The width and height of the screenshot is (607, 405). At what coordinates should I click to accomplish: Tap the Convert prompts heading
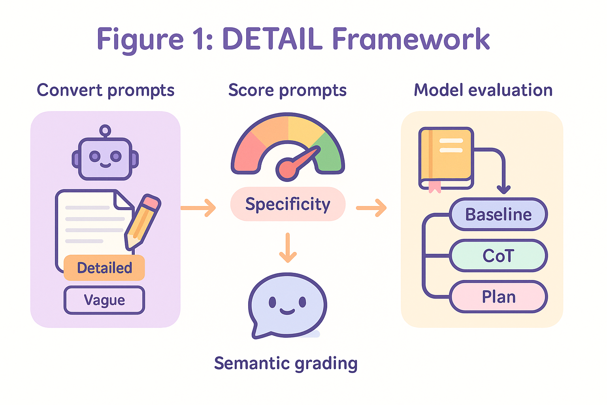pos(106,90)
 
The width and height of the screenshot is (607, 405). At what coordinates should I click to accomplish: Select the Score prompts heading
pos(288,90)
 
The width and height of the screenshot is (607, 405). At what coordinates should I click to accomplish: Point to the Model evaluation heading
pos(483,90)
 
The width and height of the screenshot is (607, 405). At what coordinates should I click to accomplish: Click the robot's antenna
pos(105,131)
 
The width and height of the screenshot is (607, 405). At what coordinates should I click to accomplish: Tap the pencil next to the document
pos(143,221)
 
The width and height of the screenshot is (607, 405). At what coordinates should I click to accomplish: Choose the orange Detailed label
pos(104,268)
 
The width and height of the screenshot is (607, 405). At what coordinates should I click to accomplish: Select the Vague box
pos(104,300)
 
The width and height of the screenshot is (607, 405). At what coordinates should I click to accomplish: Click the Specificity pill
pos(288,204)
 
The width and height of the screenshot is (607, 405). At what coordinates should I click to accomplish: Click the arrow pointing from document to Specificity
pos(198,208)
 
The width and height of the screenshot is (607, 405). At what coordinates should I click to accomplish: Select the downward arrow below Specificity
pos(288,248)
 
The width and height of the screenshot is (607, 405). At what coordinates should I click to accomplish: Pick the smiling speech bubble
pos(287,305)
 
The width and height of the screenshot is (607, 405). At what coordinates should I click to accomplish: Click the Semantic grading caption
pos(286,364)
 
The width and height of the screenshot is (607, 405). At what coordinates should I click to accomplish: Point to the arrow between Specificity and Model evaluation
pos(371,208)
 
